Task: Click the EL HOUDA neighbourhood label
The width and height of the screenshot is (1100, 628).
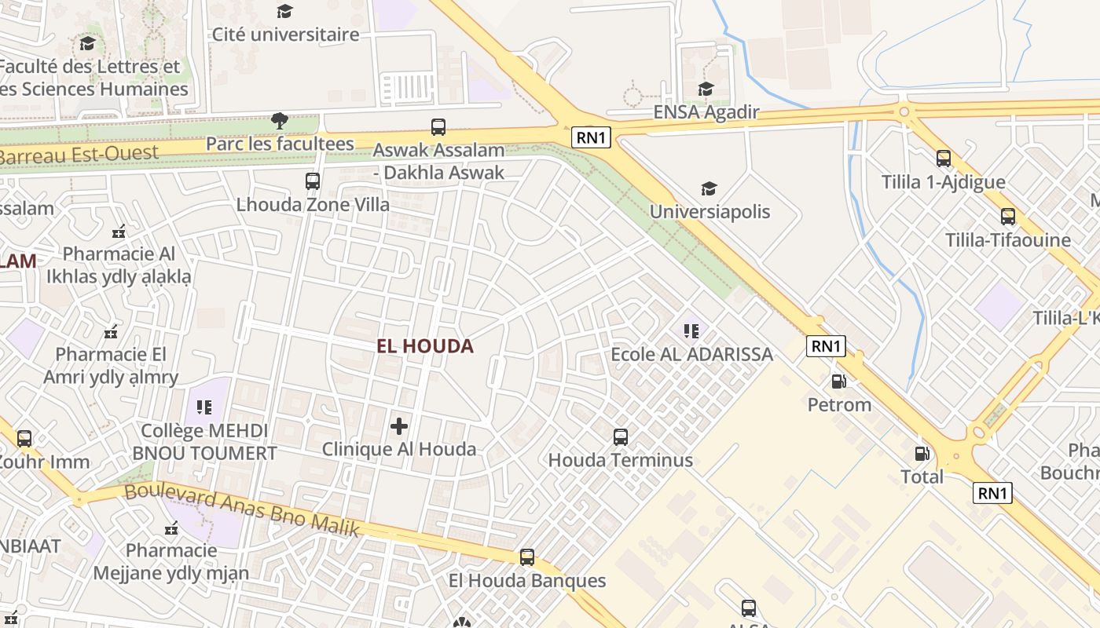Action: [425, 346]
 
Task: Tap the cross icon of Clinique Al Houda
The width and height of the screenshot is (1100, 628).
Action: [399, 426]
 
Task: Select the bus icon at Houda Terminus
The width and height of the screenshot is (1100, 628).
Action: [621, 437]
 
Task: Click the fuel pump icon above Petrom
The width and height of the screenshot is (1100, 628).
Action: [839, 382]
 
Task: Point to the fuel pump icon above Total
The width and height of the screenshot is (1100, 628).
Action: [922, 454]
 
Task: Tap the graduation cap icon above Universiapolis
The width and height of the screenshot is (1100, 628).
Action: [709, 188]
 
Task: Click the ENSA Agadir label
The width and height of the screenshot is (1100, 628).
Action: [706, 112]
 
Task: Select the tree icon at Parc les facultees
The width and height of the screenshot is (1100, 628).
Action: [279, 121]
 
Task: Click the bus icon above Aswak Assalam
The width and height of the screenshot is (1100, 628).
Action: [438, 126]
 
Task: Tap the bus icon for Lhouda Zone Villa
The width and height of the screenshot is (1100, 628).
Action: [313, 181]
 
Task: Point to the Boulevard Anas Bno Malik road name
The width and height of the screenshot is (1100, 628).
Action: [242, 509]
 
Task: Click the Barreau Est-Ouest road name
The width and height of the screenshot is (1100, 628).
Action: [79, 154]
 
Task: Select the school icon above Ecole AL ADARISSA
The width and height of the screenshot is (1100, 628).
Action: [691, 331]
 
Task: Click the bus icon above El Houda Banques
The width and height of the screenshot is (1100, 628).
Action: [527, 557]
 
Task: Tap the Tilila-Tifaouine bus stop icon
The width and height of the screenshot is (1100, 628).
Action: [1007, 217]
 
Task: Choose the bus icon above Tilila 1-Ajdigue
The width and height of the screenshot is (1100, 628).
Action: [943, 159]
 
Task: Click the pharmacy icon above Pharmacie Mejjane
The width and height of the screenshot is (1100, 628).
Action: [171, 528]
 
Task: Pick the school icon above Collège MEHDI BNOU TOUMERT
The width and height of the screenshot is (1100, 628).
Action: [204, 407]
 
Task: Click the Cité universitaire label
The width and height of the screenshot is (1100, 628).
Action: [285, 35]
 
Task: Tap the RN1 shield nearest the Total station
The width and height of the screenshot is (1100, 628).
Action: [992, 493]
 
